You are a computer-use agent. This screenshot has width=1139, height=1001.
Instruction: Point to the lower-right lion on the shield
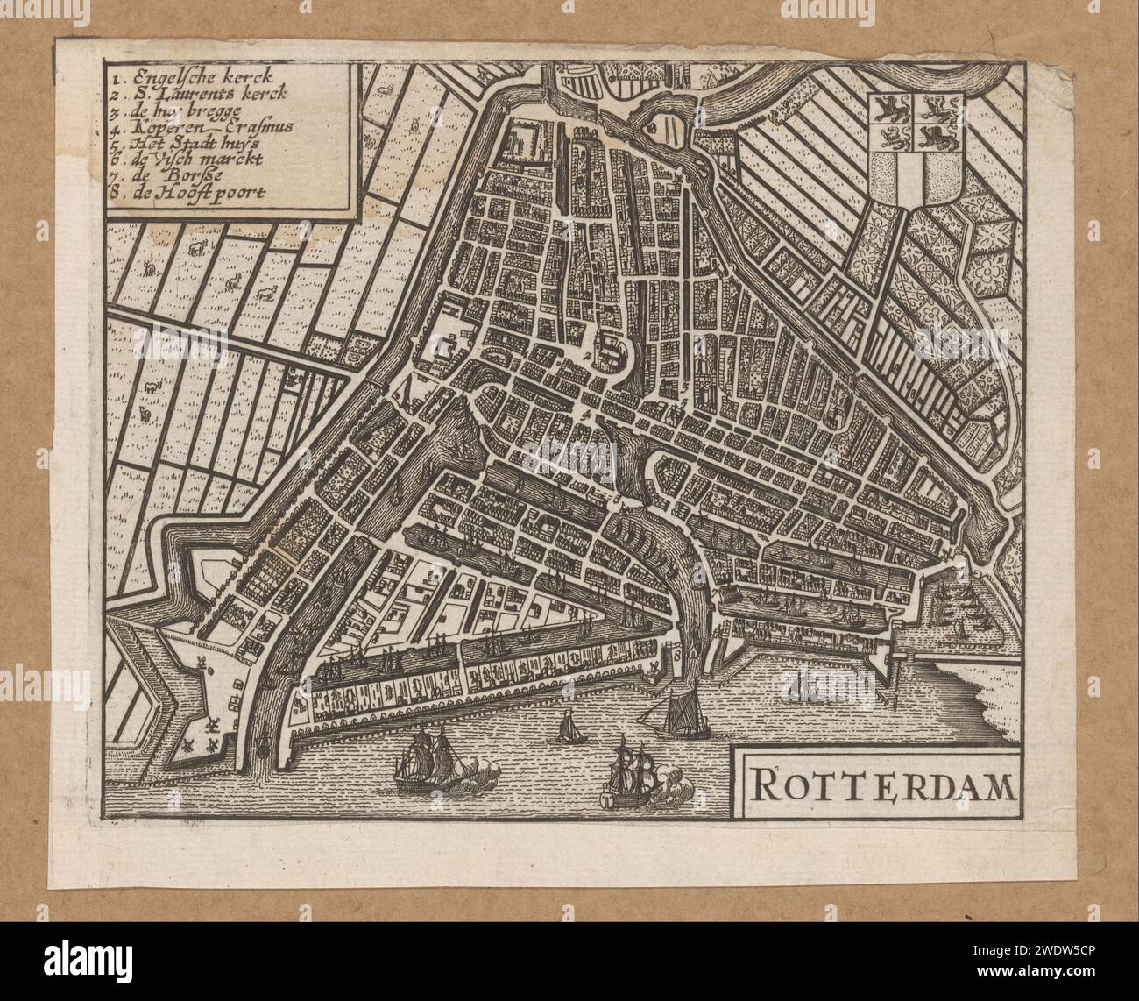click(x=941, y=138)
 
